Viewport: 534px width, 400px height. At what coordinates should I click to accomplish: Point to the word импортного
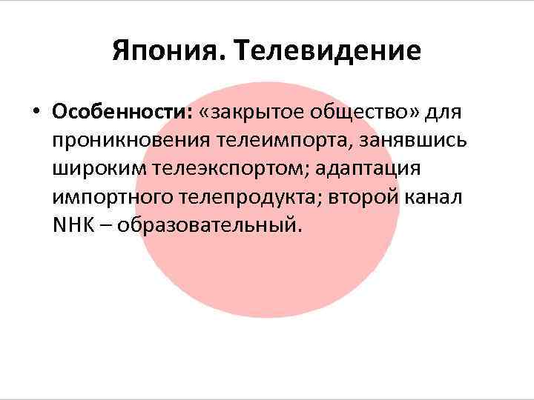pos(113,196)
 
